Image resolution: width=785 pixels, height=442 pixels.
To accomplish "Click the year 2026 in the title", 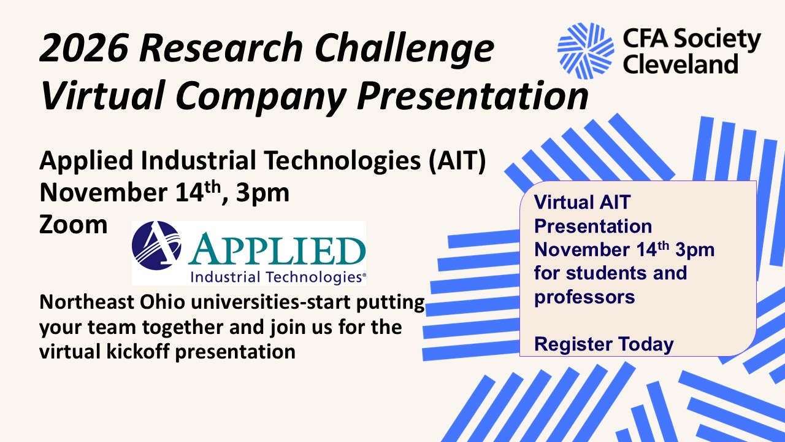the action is [84, 48].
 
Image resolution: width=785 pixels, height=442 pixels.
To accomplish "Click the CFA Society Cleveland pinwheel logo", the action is [586, 51].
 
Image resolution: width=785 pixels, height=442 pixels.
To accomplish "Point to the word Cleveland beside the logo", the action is [680, 64].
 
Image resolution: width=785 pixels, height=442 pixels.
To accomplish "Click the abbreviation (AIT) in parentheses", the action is [458, 161].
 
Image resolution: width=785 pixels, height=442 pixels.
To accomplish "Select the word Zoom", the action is [73, 225].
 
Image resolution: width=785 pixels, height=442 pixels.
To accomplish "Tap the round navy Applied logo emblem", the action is [156, 245].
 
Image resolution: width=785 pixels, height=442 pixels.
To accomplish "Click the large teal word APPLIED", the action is [277, 249].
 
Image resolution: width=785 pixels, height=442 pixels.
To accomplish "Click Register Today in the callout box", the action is [603, 344].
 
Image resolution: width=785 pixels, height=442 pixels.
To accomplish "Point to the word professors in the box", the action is [584, 297].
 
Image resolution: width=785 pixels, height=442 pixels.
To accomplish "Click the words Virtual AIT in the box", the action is [582, 202].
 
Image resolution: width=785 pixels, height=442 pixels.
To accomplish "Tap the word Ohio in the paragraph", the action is [163, 302].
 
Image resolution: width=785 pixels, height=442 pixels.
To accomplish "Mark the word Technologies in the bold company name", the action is [342, 161].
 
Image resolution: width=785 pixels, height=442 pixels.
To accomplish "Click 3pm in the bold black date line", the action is [262, 193].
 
